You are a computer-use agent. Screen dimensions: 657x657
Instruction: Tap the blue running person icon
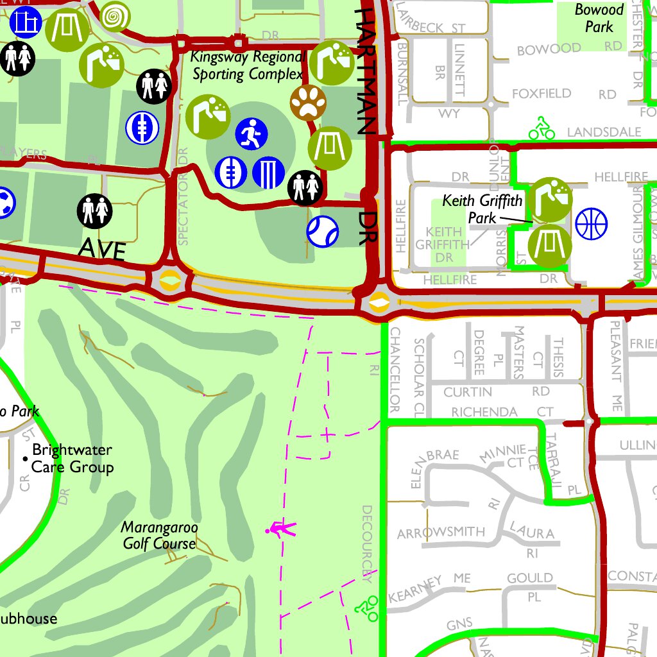point(251,133)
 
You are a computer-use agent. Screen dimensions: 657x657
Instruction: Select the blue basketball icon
point(591,224)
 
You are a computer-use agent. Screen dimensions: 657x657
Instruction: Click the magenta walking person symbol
point(280,529)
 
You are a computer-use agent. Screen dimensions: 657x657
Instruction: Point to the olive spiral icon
point(115,15)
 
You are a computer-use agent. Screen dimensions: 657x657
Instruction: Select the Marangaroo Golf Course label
point(160,536)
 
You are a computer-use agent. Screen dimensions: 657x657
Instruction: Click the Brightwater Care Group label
point(72,458)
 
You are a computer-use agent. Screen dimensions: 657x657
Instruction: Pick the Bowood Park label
point(599,18)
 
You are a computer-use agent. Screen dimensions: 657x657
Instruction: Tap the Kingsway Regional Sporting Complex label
point(247,65)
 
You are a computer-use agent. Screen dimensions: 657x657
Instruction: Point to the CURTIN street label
point(468,391)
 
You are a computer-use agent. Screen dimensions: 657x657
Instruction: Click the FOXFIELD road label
point(541,94)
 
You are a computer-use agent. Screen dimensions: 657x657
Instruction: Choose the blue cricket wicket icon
point(268,172)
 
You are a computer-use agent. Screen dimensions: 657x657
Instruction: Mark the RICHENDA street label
point(484,411)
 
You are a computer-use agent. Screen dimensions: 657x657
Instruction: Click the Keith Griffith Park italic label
point(482,209)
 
